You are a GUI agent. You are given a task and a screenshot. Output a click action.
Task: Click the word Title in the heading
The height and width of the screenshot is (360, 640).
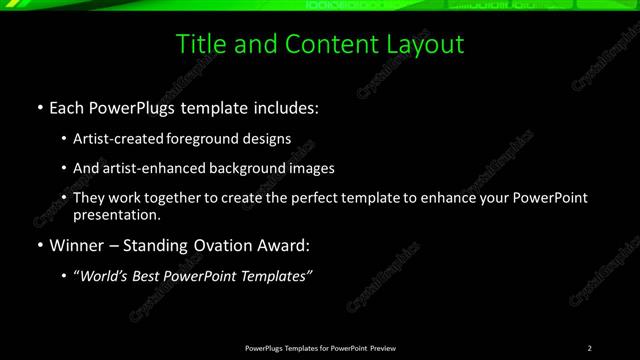pyautogui.click(x=199, y=45)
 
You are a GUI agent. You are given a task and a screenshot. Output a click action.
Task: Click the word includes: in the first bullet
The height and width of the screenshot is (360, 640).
pyautogui.click(x=284, y=107)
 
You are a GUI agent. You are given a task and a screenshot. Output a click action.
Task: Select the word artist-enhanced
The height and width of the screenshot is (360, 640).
pyautogui.click(x=149, y=168)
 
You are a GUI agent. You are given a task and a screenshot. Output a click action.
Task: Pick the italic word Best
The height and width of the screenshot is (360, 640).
pyautogui.click(x=160, y=275)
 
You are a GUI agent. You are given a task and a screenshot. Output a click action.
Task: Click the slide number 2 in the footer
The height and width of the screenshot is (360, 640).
pyautogui.click(x=590, y=348)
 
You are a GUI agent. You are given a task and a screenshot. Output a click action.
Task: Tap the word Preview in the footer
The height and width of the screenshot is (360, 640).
pyautogui.click(x=382, y=348)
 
